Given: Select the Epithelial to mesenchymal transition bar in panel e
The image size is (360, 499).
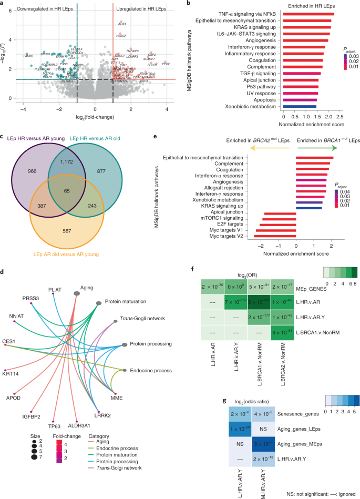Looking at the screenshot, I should click(x=314, y=158).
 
